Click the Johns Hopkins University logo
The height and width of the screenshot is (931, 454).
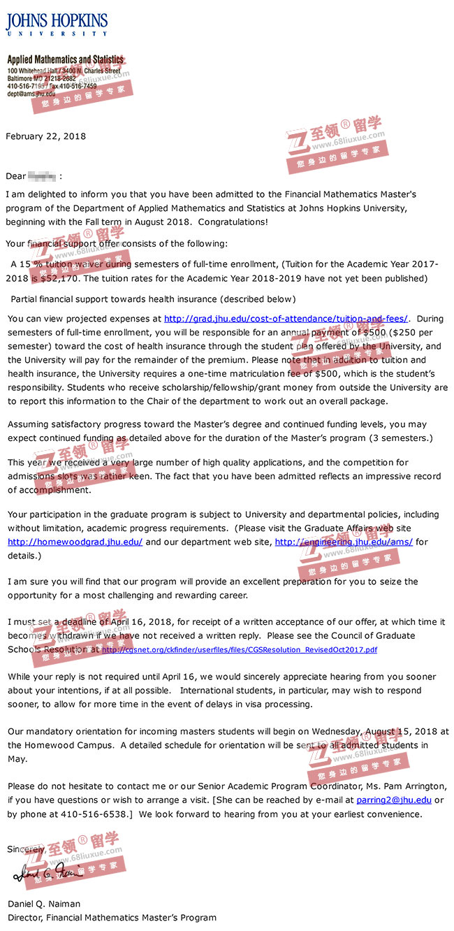(57, 23)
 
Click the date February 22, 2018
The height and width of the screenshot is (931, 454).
(46, 136)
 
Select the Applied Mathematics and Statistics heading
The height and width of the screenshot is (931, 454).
(65, 60)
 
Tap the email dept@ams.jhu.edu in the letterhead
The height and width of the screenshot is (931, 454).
(31, 94)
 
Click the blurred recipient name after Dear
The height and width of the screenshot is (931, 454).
(43, 176)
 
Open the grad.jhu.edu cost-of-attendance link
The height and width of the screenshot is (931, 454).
(286, 319)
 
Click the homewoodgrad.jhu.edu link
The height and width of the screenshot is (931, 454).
(75, 542)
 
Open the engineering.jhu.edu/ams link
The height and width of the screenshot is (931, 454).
(344, 542)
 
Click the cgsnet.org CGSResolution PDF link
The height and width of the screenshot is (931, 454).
(240, 650)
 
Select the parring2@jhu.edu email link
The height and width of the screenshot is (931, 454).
(394, 800)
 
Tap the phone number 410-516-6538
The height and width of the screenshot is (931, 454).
(97, 814)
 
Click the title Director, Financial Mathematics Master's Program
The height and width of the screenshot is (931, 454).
(112, 918)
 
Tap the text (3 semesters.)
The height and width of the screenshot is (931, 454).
(397, 438)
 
